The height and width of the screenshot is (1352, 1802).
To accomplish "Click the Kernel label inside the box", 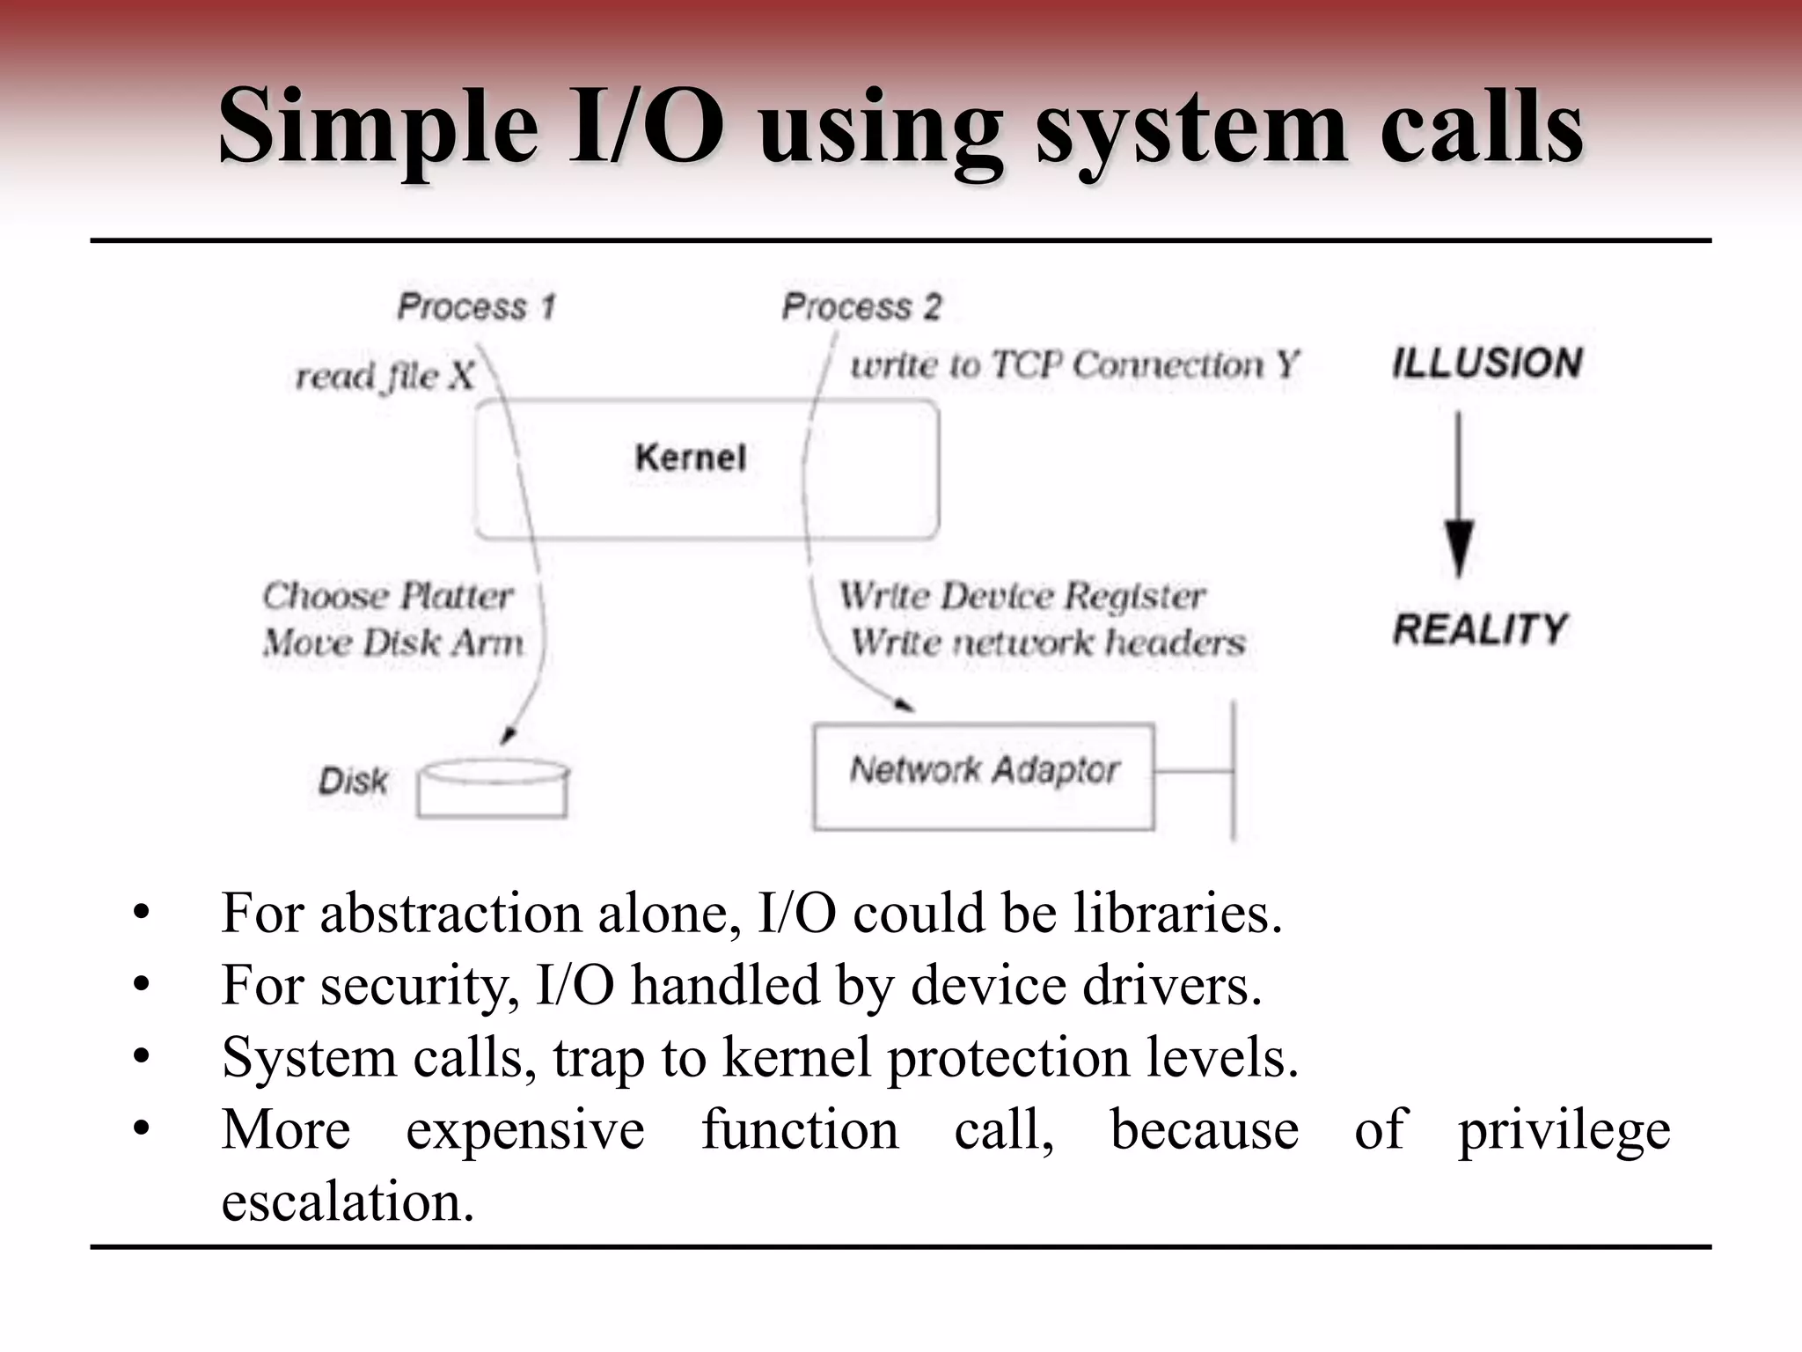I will [690, 458].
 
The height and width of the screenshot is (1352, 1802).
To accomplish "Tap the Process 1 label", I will [476, 306].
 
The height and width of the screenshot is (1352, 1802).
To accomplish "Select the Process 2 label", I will [861, 306].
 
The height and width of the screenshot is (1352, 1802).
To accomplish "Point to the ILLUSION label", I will [1487, 363].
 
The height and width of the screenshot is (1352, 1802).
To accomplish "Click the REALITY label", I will [1480, 629].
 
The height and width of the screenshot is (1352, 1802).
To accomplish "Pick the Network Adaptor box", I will [984, 776].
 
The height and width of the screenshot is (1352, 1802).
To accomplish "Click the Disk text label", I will [353, 781].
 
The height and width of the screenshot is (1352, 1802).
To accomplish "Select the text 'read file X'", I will [385, 377].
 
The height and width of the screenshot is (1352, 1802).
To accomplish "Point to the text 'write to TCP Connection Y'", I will [1073, 364].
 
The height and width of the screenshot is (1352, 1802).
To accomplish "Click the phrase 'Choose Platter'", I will [387, 596].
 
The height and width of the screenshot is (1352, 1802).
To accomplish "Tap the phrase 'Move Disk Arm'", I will [392, 643].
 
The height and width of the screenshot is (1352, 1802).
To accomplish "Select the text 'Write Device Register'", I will [1022, 596].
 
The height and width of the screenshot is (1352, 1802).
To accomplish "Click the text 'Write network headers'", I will [1047, 643].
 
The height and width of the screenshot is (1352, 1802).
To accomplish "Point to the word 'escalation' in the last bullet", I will [348, 1201].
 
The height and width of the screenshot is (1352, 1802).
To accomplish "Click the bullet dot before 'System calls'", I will [142, 1057].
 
